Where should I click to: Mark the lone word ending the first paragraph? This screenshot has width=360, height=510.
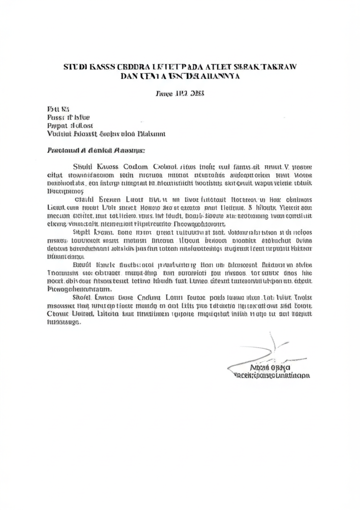click(65, 190)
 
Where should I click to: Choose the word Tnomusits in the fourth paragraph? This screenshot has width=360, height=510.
click(64, 273)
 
